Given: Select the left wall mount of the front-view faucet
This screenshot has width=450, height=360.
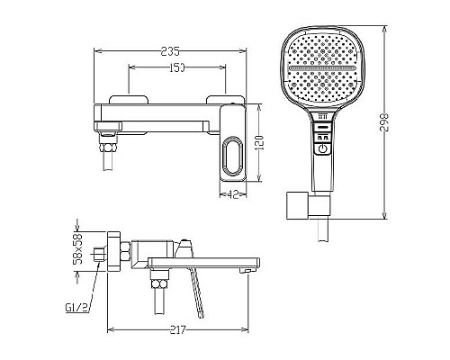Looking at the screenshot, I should [x=125, y=100].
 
